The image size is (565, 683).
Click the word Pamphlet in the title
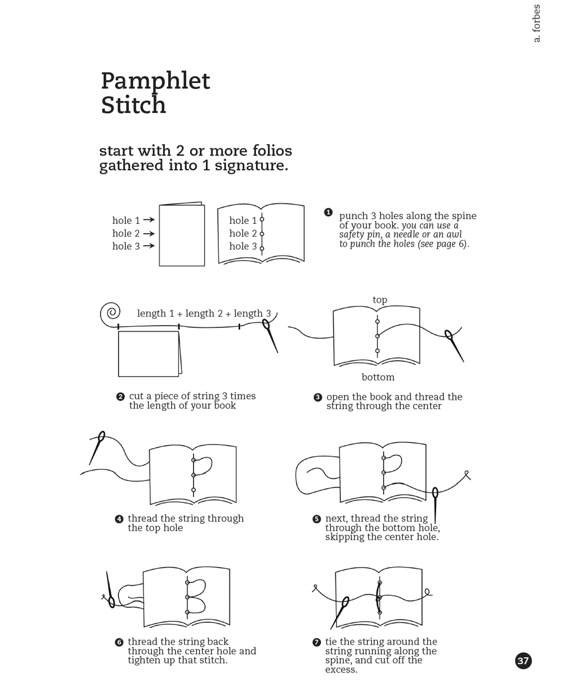155,81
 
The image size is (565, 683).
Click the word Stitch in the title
134,106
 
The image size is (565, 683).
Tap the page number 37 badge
523,661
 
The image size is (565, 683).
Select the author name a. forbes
536,24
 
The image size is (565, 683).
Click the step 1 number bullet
328,212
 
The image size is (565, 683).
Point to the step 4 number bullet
119,519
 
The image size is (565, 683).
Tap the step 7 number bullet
317,642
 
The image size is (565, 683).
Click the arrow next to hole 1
149,220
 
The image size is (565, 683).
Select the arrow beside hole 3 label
149,246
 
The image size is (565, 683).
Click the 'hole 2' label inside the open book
243,234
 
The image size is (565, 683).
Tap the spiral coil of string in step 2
110,313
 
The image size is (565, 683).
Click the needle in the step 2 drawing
270,336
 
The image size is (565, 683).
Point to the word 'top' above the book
380,300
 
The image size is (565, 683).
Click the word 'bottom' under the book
378,377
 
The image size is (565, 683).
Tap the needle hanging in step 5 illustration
435,504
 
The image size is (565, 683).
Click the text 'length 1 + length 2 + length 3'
204,313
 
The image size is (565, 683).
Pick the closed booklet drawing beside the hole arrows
182,235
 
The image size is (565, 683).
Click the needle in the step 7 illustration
340,612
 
